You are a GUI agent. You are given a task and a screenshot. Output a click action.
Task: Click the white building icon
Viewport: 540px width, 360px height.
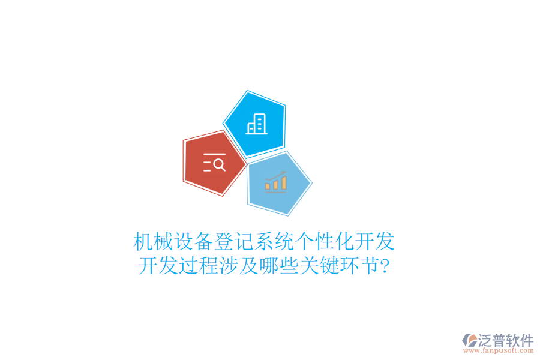point(256,124)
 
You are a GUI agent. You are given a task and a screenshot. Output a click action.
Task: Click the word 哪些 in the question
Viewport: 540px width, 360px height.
point(280,265)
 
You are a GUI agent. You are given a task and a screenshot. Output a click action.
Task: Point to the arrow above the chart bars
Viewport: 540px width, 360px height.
point(277,175)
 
